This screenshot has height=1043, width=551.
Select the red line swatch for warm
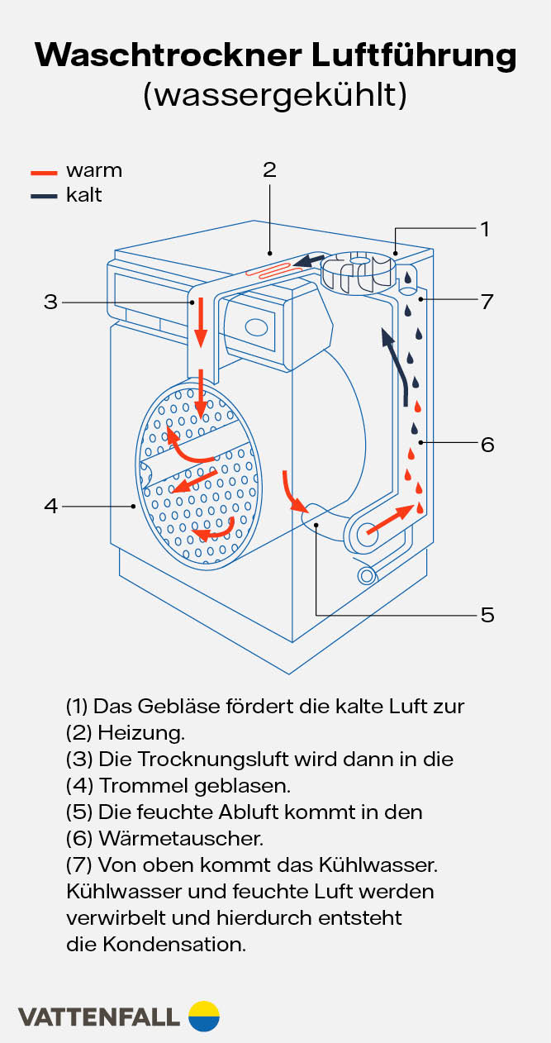point(45,172)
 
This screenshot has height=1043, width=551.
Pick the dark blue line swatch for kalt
point(45,197)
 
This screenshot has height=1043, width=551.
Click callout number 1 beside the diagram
point(485,228)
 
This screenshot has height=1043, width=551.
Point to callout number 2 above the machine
point(269,169)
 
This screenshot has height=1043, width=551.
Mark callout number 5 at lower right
point(487,615)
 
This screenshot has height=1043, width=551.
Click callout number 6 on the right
point(487,445)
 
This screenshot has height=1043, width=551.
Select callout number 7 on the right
point(487,302)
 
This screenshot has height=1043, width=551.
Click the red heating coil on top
point(273,268)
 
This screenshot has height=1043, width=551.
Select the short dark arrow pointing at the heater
point(311,261)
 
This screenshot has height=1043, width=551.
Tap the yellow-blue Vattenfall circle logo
point(204,1016)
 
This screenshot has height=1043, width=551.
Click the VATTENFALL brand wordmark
point(98,1017)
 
